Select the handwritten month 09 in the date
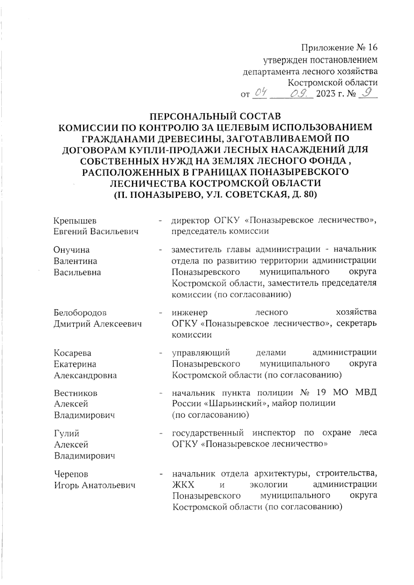pyautogui.click(x=299, y=93)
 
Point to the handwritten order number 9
pyautogui.click(x=368, y=92)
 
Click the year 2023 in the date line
pyautogui.click(x=326, y=94)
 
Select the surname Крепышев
pyautogui.click(x=75, y=220)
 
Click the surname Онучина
pyautogui.click(x=71, y=250)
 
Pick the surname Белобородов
pyautogui.click(x=80, y=313)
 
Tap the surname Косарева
pyautogui.click(x=72, y=353)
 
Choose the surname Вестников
pyautogui.click(x=76, y=393)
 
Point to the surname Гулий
pyautogui.click(x=67, y=433)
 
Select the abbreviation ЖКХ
pyautogui.click(x=183, y=485)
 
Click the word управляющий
pyautogui.click(x=201, y=353)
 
